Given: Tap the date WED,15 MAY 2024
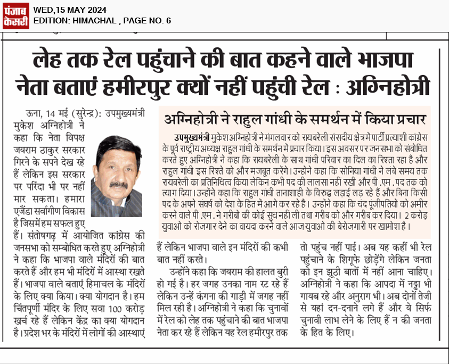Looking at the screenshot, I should [x=69, y=10].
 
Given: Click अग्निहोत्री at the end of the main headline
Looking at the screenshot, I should [x=386, y=86].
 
